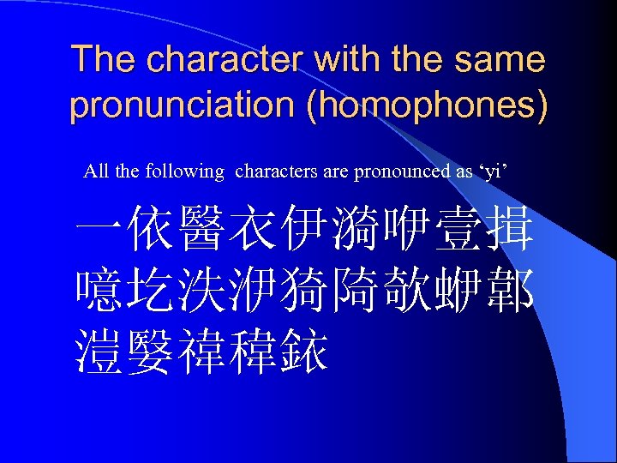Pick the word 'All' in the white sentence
[96, 171]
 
